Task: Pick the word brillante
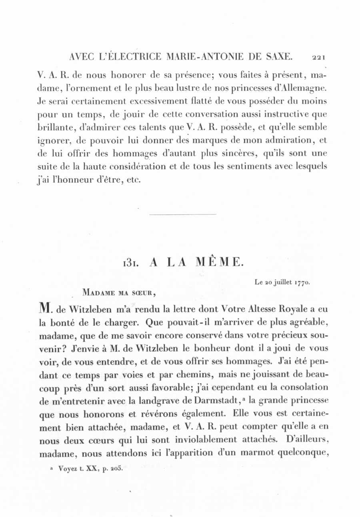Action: click(x=55, y=127)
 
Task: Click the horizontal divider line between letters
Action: click(x=182, y=214)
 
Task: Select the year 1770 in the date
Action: click(x=302, y=283)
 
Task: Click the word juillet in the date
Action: click(x=283, y=283)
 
